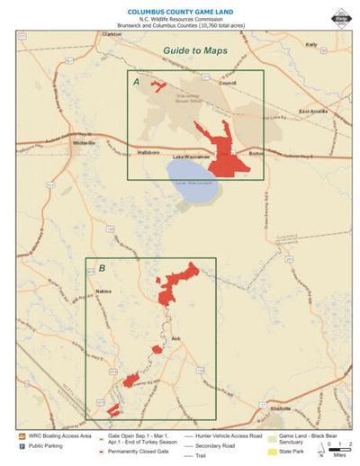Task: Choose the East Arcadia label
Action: click(315, 112)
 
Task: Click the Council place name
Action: click(227, 84)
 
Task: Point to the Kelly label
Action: click(311, 43)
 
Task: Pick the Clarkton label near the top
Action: click(111, 34)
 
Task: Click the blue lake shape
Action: click(192, 183)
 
